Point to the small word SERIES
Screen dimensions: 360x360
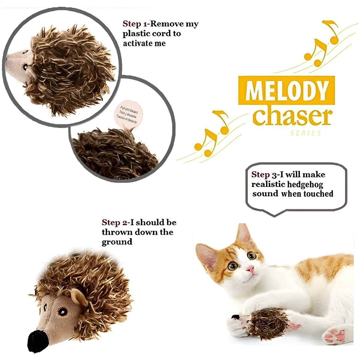305,133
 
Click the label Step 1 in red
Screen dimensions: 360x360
133,24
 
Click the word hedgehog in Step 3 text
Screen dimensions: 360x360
305,184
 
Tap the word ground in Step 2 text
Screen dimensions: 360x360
117,242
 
